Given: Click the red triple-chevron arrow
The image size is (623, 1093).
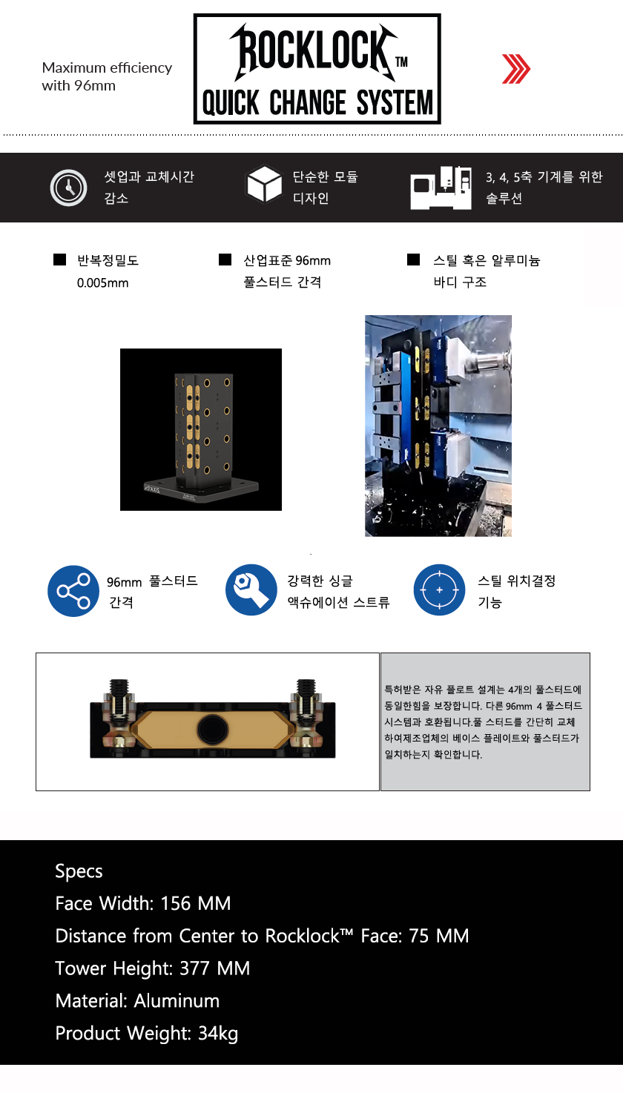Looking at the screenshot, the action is (515, 69).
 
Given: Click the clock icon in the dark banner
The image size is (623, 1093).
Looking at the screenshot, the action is (68, 188).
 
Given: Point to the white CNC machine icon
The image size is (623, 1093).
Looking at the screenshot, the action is (441, 188).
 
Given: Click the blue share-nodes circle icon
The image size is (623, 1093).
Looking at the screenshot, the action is (73, 591).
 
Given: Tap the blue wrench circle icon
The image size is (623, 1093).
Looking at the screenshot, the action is (251, 590).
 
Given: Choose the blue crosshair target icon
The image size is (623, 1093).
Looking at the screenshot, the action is (439, 590).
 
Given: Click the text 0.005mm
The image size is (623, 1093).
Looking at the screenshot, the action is (102, 283).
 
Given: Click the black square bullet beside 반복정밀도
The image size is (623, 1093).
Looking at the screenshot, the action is (59, 260).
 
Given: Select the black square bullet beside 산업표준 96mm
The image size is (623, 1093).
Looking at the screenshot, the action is (225, 260).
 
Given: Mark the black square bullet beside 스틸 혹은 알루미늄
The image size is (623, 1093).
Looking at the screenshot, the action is (413, 260).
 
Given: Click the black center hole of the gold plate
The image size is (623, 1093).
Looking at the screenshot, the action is (213, 730).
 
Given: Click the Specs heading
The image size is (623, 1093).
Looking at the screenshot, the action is (79, 871).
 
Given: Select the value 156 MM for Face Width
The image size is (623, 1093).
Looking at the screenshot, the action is (195, 903).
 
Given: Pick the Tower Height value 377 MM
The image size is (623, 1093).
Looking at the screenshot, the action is (214, 968).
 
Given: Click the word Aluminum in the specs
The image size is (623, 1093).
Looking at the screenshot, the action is (177, 1001).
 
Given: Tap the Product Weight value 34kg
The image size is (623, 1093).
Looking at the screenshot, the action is (218, 1034).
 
